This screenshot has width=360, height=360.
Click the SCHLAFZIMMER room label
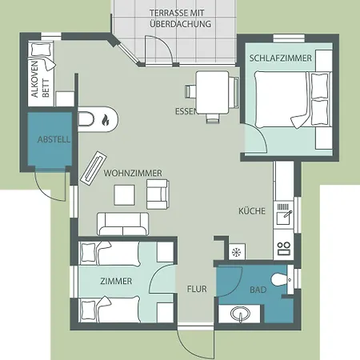[x=281, y=58]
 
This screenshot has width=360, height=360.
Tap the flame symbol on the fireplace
[x=106, y=120]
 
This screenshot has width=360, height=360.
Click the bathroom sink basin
[x=240, y=314]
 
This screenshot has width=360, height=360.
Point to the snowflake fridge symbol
[x=237, y=252]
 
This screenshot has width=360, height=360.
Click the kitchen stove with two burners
[x=283, y=248]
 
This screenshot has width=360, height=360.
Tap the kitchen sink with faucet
[x=284, y=217]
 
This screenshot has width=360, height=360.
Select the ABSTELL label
[x=54, y=139]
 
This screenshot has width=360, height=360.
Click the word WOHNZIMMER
[x=133, y=173]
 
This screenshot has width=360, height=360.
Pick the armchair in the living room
[x=158, y=194]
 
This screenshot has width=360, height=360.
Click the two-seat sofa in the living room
[x=123, y=224]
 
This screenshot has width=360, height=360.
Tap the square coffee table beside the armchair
[x=124, y=195]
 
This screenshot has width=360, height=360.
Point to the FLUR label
[x=197, y=289]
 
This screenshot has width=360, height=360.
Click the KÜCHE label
[x=252, y=211]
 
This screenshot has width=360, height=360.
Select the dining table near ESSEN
[x=213, y=93]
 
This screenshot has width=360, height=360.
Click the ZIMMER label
[x=116, y=281]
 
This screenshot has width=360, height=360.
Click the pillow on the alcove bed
[x=42, y=49]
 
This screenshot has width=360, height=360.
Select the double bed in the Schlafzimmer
[x=293, y=99]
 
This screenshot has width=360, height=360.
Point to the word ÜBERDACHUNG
[x=181, y=24]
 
